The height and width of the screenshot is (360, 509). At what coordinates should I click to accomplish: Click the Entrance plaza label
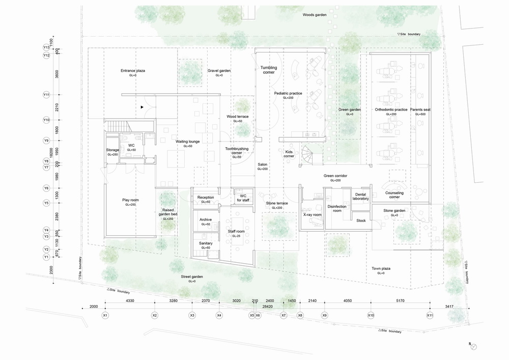[x=133, y=70]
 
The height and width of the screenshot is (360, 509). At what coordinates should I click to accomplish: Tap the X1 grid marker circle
[x=105, y=316]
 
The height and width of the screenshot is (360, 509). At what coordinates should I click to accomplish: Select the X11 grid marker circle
[x=430, y=316]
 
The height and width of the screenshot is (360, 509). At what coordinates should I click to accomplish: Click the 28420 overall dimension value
[x=268, y=307]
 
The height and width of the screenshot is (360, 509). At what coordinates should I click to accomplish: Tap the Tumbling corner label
[x=268, y=70]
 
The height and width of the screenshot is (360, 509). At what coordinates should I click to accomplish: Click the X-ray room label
[x=312, y=215]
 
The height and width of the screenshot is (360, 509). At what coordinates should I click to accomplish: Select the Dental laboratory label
[x=360, y=196]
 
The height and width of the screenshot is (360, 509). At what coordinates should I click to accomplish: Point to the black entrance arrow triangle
[x=143, y=107]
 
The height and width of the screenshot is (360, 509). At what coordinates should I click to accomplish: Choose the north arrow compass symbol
[x=474, y=347]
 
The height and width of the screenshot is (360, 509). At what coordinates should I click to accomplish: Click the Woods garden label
[x=315, y=15]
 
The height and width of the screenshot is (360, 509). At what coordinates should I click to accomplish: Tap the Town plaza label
[x=381, y=268]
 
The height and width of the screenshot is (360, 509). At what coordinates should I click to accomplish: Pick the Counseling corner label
[x=394, y=195]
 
